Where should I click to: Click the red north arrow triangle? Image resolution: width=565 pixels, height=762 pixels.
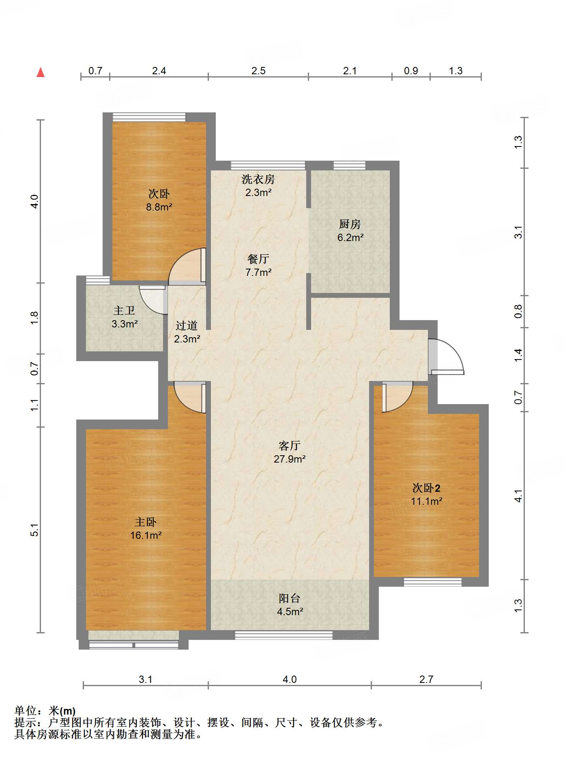tap(41, 73)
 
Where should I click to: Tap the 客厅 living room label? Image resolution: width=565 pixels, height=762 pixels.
tap(289, 446)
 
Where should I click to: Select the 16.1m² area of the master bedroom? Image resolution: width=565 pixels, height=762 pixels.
tap(146, 536)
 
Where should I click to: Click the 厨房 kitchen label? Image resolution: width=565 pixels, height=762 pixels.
tap(350, 224)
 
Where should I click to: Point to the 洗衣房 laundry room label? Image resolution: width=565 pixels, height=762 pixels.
tap(258, 179)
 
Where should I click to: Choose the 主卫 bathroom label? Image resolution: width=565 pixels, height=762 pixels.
tap(124, 311)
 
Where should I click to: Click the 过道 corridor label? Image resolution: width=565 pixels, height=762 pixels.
tap(187, 325)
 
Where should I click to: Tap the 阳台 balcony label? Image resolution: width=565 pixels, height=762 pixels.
tap(290, 598)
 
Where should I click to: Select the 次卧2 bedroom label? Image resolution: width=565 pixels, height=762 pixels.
tap(426, 488)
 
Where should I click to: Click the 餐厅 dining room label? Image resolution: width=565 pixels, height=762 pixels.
tap(258, 259)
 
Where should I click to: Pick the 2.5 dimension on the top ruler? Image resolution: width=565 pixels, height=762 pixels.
tap(258, 71)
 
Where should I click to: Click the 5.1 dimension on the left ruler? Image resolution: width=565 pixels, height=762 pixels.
tap(35, 530)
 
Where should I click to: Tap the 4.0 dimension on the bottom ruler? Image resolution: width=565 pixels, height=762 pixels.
tap(290, 679)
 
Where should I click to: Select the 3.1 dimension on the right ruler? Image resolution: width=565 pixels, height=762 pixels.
tap(518, 232)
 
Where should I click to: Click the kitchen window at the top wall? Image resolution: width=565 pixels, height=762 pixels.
tap(349, 166)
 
